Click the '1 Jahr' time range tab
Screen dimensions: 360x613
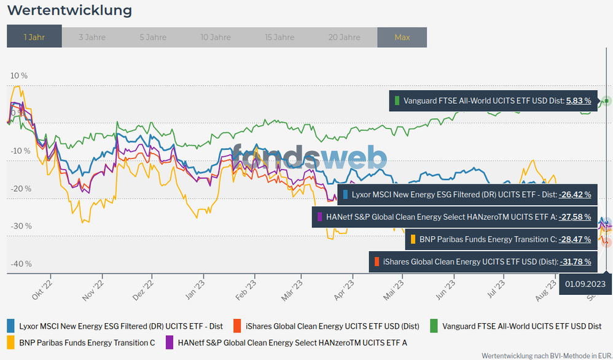pos(34,37)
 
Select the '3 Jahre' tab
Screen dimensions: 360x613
pos(92,37)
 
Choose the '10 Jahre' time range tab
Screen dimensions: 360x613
pos(215,37)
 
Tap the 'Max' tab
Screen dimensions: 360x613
pos(402,37)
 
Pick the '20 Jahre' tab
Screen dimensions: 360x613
pos(344,37)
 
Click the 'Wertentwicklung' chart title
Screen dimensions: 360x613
pos(69,10)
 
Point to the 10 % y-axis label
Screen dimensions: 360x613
pos(19,76)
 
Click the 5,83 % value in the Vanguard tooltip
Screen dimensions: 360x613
pos(578,101)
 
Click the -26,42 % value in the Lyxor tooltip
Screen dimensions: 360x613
pos(575,195)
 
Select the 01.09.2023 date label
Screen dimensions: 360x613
pos(585,284)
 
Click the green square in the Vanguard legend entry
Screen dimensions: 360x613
pos(434,326)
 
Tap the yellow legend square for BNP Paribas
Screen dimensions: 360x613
pos(11,342)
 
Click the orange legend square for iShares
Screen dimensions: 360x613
pos(236,326)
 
